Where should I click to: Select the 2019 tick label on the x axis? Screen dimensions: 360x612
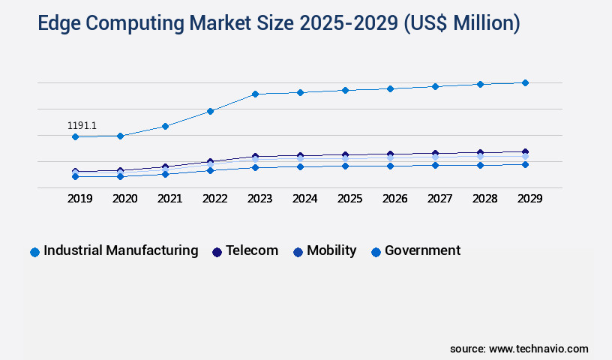[80, 199]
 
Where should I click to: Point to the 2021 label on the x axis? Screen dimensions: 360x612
[169, 199]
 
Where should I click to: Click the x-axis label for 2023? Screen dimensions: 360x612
[259, 199]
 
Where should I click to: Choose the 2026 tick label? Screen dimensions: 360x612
[394, 199]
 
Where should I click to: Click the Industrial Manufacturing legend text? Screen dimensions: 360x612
[121, 250]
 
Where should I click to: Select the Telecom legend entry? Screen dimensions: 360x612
[252, 250]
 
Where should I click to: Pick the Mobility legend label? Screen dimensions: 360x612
[331, 250]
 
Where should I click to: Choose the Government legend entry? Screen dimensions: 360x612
[422, 250]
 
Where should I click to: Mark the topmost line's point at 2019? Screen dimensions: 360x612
[75, 136]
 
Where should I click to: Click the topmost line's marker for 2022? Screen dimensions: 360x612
[211, 111]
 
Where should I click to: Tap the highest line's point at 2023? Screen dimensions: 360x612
[255, 94]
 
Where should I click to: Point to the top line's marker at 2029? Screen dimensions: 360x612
[525, 82]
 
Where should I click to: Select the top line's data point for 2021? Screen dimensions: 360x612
[165, 126]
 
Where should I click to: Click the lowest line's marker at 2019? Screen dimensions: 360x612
[75, 176]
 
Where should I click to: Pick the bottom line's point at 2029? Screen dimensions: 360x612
[525, 164]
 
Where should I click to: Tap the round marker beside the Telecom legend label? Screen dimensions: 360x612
[217, 252]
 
